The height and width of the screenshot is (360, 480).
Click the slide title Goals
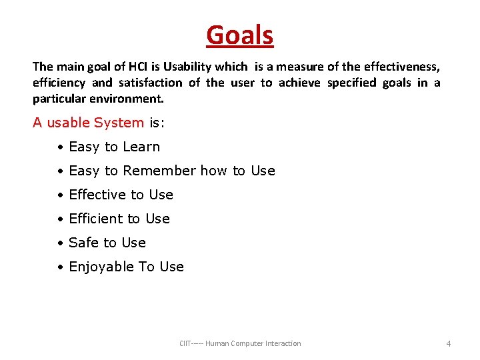[x=240, y=35]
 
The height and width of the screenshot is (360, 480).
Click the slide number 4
[x=448, y=343]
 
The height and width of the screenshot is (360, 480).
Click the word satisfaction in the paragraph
[x=149, y=83]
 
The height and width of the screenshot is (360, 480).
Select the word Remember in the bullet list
[x=160, y=171]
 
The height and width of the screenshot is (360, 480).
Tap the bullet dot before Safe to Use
[x=60, y=243]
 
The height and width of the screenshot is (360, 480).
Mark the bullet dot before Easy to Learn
[x=60, y=147]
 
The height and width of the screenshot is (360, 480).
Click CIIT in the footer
[x=185, y=343]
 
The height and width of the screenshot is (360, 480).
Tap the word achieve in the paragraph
[x=299, y=83]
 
